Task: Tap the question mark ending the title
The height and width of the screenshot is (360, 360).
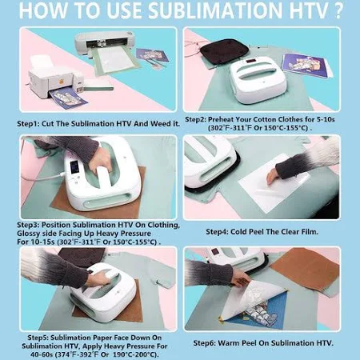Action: coord(338,10)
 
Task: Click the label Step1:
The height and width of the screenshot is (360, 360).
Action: coord(28,124)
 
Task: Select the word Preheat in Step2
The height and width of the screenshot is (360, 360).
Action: coord(220,119)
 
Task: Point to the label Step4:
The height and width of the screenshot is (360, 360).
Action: coord(217,232)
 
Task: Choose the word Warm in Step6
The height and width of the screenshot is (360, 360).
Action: coord(228,343)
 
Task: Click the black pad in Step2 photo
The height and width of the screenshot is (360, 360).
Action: coord(225,50)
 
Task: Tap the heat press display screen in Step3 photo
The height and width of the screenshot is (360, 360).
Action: coord(74,166)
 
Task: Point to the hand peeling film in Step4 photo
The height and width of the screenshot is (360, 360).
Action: coord(274,176)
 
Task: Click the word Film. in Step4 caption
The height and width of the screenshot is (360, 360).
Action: coord(310,232)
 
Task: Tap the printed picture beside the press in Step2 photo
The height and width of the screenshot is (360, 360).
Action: coord(306,65)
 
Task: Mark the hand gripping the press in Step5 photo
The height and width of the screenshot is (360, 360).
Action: coord(100,278)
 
